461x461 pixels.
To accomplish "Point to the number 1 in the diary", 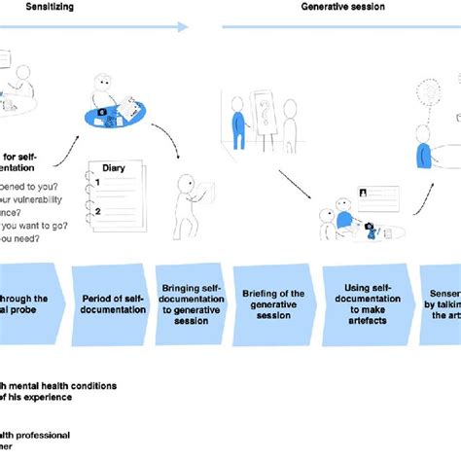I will tap(97, 182).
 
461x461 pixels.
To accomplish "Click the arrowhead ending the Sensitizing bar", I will tap(183, 27).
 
